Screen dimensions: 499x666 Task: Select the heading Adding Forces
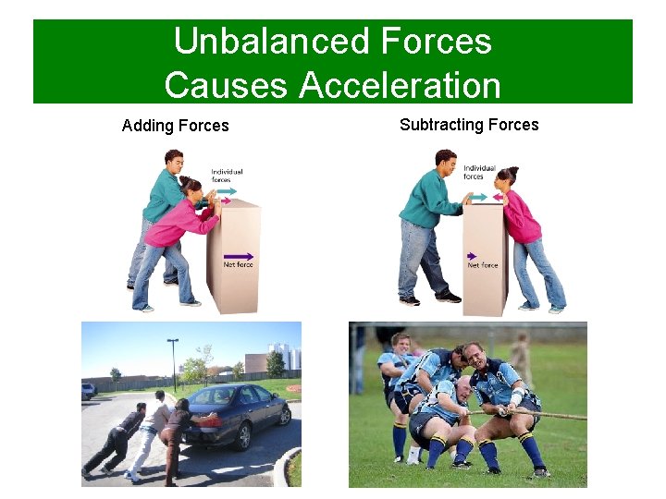[175, 126]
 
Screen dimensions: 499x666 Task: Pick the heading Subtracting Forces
[469, 125]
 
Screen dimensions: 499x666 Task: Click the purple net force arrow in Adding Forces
[239, 256]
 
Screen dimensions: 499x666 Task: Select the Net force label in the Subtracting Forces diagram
[483, 265]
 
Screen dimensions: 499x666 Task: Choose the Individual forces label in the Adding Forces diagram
[227, 173]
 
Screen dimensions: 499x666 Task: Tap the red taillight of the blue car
[213, 420]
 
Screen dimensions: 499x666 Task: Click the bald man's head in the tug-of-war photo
[473, 354]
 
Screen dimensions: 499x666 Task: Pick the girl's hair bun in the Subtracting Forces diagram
[513, 171]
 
